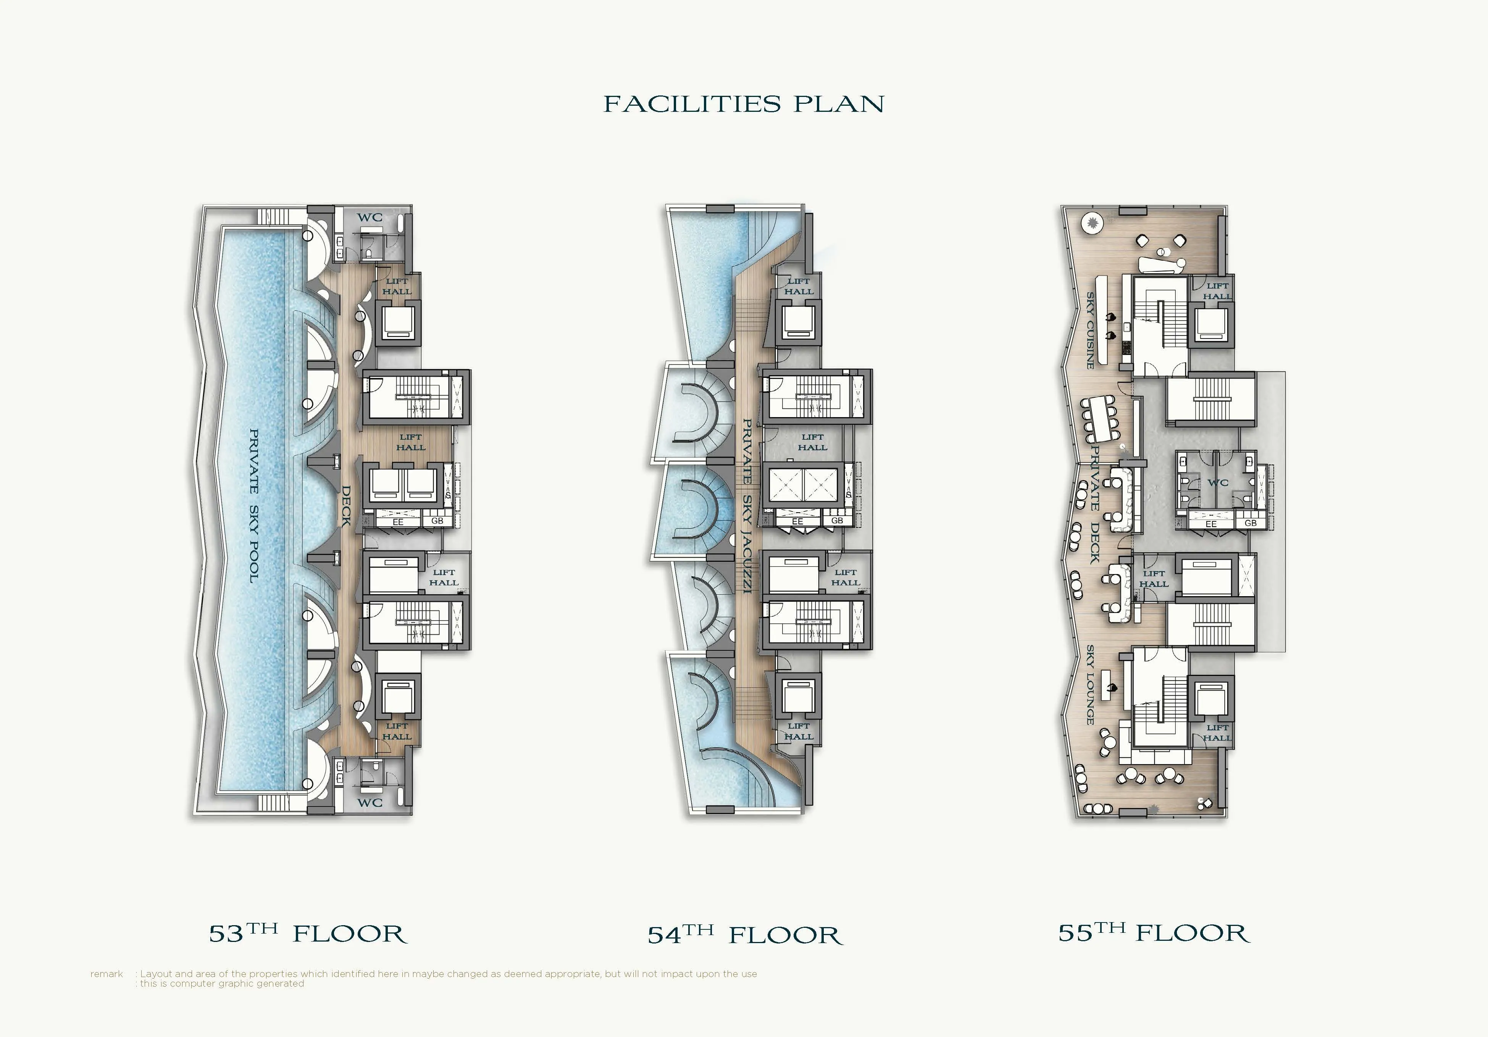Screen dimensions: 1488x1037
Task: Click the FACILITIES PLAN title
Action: click(x=744, y=104)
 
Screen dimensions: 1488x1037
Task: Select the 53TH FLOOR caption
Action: click(x=308, y=933)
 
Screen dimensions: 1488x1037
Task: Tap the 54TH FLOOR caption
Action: click(x=745, y=935)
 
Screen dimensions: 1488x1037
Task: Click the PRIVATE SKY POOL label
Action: click(x=254, y=506)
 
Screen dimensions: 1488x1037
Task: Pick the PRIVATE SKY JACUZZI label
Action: click(x=747, y=506)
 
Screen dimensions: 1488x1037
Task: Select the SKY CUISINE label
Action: click(x=1091, y=331)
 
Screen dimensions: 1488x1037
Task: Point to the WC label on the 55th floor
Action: click(x=1218, y=482)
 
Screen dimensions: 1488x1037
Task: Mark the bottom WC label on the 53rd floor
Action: click(x=370, y=802)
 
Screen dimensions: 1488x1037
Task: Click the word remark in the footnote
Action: click(x=106, y=974)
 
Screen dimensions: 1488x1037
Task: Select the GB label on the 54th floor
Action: click(x=837, y=521)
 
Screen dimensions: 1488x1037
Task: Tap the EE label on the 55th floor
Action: click(x=1210, y=524)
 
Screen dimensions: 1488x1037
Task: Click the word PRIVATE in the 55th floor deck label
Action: click(x=1094, y=478)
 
